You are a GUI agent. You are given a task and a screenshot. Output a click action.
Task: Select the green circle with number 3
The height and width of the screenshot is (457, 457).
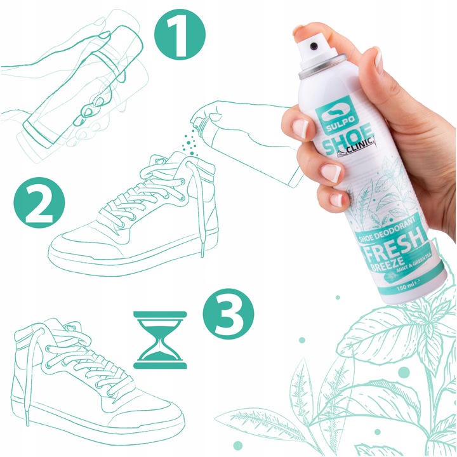[x=228, y=311]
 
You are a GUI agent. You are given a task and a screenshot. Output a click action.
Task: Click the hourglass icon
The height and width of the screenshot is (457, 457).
[x=161, y=340]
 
